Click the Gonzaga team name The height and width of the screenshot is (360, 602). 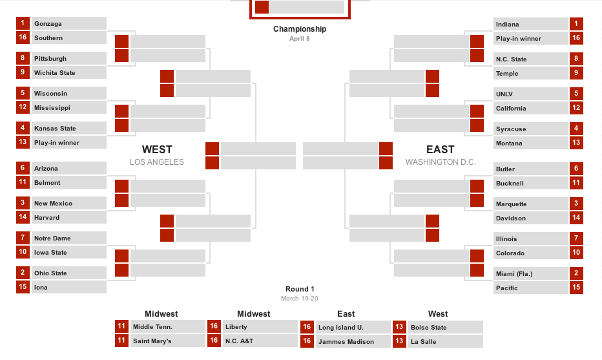coord(48,24)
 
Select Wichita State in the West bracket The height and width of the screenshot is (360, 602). coord(54,73)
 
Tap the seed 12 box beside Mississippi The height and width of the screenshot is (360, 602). coord(23,107)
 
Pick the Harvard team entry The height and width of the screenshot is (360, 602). coord(47,218)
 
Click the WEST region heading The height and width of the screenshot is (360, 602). coord(157,149)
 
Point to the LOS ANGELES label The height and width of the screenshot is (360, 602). coord(157,162)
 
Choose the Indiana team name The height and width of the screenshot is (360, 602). coord(507,25)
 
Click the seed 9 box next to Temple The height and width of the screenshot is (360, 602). coord(576,72)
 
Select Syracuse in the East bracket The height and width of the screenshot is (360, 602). coord(511,129)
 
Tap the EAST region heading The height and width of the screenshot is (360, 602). coord(441,149)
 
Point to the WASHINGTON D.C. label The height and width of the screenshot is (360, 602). coord(441,162)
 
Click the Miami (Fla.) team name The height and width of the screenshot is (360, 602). coord(514,274)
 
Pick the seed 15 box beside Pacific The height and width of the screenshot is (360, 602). coord(576,287)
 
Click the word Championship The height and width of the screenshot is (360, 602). coord(300,29)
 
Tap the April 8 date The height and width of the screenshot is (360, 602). coord(300,38)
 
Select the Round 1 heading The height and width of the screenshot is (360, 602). coord(300,289)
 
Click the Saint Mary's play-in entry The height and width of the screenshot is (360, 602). coord(152,341)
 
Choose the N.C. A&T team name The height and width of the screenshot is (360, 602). coord(239,341)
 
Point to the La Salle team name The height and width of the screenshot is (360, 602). coord(423,342)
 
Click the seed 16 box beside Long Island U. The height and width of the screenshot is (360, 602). coord(307,327)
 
